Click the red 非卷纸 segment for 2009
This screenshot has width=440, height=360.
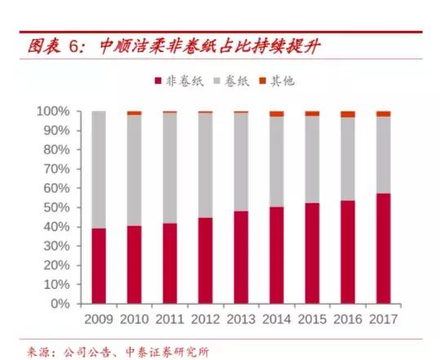tap(99, 266)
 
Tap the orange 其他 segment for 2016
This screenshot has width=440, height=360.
tap(348, 114)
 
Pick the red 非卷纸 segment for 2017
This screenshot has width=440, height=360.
tap(383, 249)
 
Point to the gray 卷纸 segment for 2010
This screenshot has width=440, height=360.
tap(134, 171)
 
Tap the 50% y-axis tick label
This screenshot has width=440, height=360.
tap(57, 207)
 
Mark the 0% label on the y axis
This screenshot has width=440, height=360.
tap(61, 304)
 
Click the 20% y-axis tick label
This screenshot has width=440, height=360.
tap(57, 265)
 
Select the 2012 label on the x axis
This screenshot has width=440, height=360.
tap(205, 318)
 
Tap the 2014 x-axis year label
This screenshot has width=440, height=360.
tap(277, 318)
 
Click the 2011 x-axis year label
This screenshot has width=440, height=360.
tap(170, 318)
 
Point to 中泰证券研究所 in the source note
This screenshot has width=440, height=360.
tap(175, 352)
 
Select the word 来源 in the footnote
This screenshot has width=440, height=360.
tap(32, 352)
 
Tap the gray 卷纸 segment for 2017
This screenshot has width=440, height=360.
tap(383, 155)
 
